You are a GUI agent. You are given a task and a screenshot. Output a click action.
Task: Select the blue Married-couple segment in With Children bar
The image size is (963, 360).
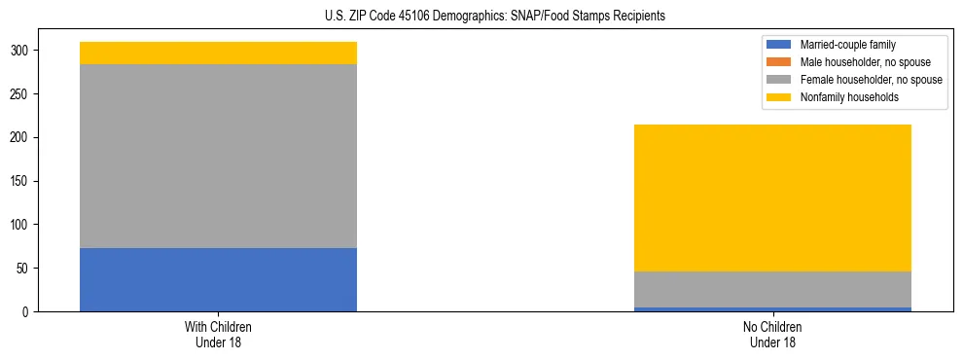218,280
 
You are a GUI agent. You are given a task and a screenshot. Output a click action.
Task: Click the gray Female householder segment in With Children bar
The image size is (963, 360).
218,156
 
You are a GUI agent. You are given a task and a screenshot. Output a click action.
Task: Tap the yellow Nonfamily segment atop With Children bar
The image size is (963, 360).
218,53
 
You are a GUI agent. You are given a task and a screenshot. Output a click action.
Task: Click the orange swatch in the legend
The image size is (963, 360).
779,62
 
